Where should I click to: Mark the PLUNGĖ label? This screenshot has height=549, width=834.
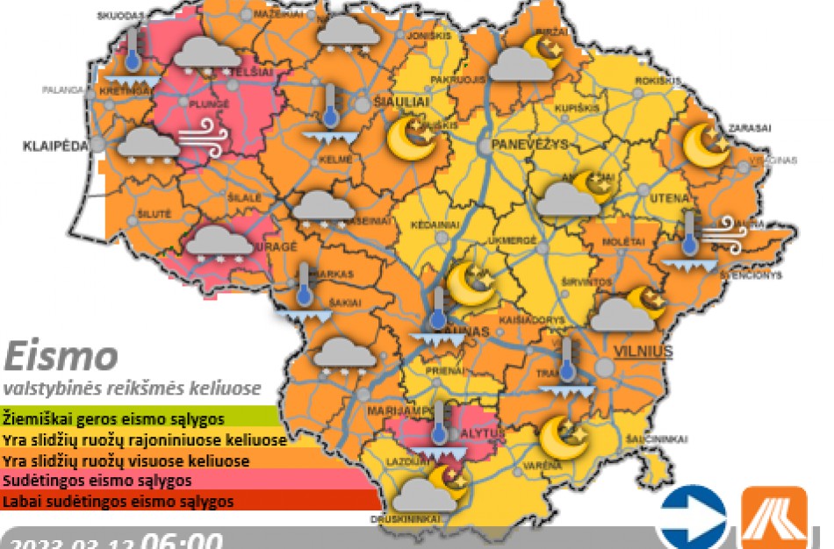210,103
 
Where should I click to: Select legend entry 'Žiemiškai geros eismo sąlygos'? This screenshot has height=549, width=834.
114,417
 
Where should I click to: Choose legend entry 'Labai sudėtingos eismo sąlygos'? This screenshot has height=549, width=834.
119,502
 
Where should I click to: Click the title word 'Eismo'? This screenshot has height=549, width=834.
61,357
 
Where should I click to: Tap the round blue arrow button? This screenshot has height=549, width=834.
693,517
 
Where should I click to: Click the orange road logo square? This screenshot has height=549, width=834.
773,517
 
